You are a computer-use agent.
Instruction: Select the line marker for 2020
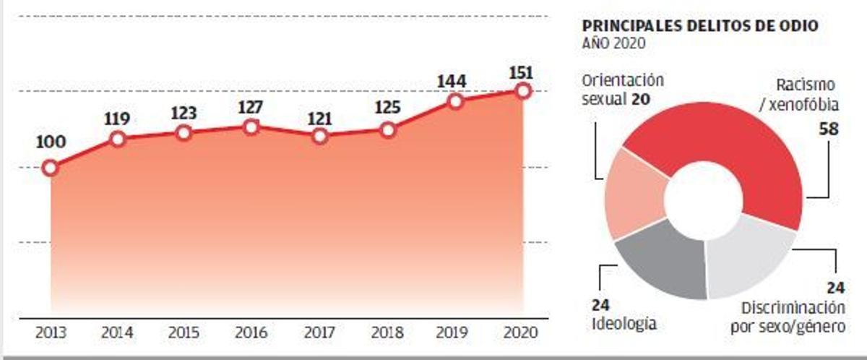524,91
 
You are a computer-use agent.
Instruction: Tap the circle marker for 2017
319,136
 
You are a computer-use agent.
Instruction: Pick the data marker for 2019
456,101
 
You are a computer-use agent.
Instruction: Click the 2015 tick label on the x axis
184,333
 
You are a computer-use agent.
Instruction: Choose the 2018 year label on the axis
387,333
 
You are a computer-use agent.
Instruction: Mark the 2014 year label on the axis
117,333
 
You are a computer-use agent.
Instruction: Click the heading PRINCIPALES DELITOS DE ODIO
700,26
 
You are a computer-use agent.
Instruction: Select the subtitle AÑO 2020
613,43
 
